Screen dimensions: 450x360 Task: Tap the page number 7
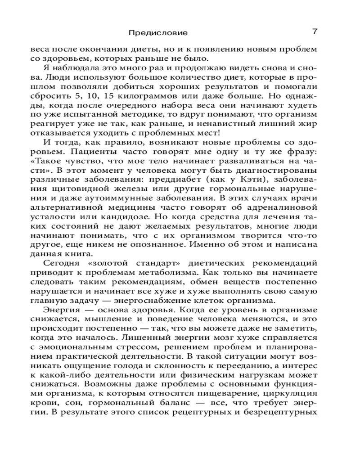pyautogui.click(x=315, y=31)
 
